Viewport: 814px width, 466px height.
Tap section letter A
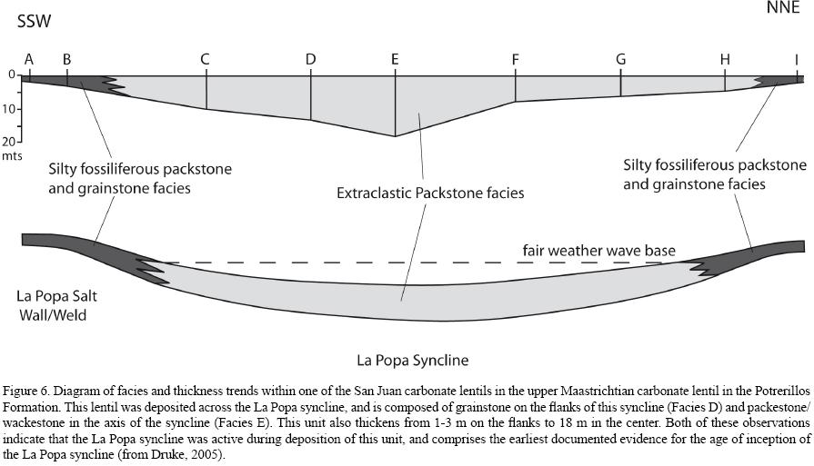[29, 60]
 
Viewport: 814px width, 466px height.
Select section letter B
[66, 60]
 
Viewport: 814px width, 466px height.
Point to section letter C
[206, 60]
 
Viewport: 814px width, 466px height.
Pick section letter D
[311, 60]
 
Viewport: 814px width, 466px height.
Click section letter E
[395, 60]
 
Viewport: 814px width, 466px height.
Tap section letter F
[516, 60]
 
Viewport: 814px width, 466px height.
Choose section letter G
[621, 60]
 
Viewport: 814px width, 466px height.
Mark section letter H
[725, 60]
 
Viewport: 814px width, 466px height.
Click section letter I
[797, 60]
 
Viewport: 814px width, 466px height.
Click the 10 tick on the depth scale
[10, 110]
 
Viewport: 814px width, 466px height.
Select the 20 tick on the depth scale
[10, 143]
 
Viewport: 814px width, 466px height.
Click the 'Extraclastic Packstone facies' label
[430, 193]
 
